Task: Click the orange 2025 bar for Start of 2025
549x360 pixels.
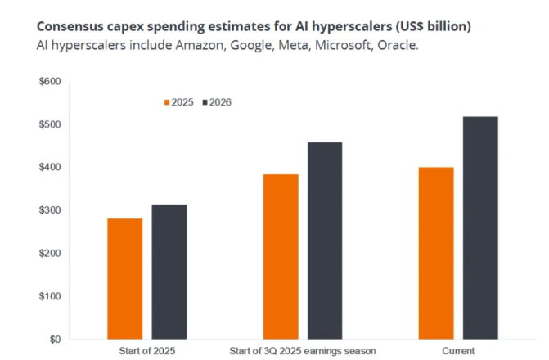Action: pyautogui.click(x=125, y=278)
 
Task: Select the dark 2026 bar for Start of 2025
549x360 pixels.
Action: pyautogui.click(x=169, y=272)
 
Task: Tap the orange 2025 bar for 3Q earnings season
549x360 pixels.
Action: pyautogui.click(x=281, y=256)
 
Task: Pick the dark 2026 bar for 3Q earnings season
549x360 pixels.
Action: pyautogui.click(x=325, y=241)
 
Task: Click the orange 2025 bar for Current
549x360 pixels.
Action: pyautogui.click(x=436, y=253)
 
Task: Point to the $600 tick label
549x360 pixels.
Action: pyautogui.click(x=50, y=81)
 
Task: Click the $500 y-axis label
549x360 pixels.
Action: pyautogui.click(x=50, y=124)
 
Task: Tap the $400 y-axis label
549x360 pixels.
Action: pyautogui.click(x=50, y=167)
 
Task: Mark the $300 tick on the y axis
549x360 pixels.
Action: pyautogui.click(x=50, y=210)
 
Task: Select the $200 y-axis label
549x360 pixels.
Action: pyautogui.click(x=50, y=253)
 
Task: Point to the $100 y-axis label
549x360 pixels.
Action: pyautogui.click(x=50, y=296)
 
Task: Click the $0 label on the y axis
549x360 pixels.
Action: pyautogui.click(x=54, y=339)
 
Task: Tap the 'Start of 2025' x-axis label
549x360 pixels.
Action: pyautogui.click(x=147, y=351)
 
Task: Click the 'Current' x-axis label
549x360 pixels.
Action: pyautogui.click(x=458, y=351)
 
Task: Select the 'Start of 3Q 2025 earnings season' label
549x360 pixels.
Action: pyautogui.click(x=303, y=351)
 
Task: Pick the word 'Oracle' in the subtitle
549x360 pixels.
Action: pyautogui.click(x=400, y=45)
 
